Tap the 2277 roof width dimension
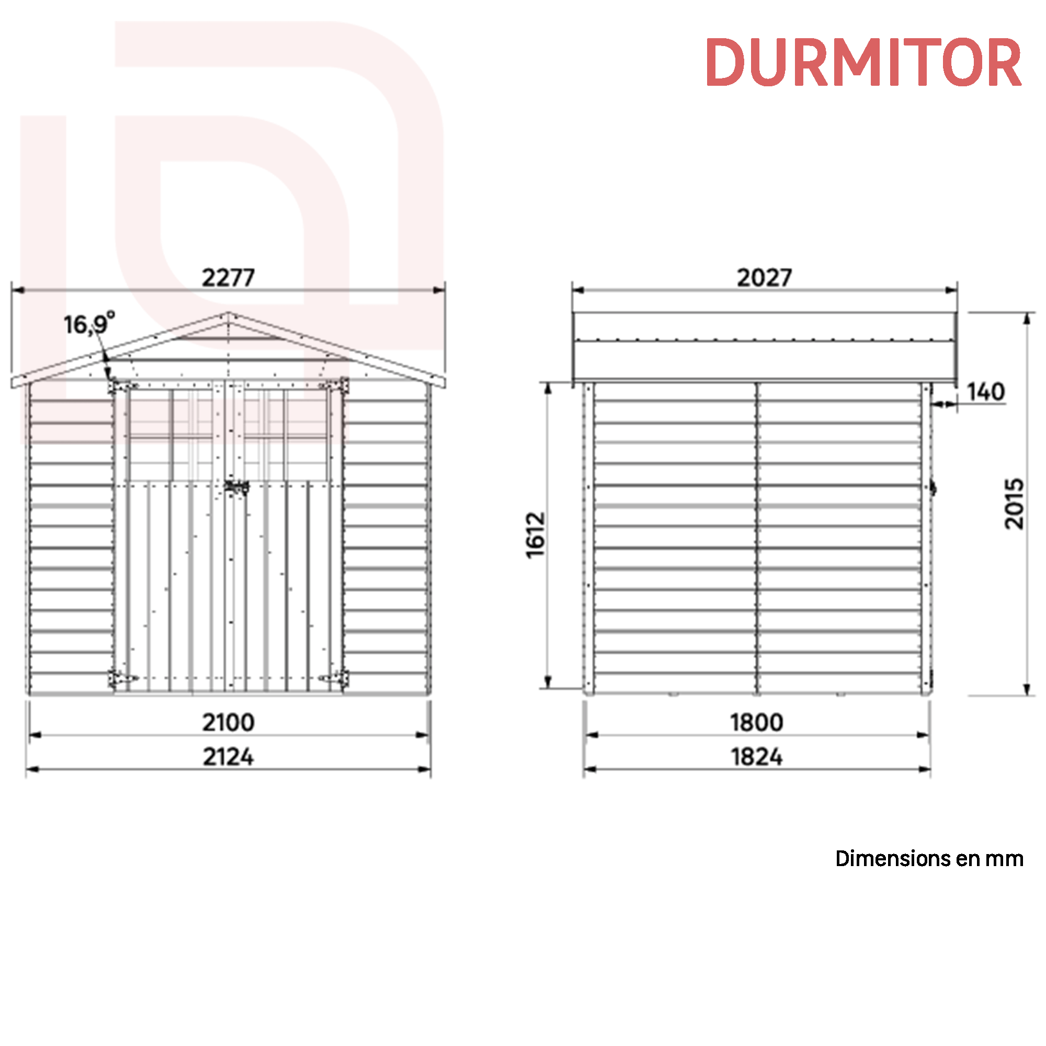228,278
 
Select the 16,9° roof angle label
89,324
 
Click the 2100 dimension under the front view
228,722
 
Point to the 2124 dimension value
228,757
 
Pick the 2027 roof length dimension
764,278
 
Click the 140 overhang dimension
985,392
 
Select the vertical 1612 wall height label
536,535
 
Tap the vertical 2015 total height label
1014,504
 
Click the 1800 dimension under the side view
756,722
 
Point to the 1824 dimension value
756,757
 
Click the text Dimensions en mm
928,859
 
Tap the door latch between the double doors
236,487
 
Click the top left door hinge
122,386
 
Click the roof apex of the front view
228,313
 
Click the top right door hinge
334,385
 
